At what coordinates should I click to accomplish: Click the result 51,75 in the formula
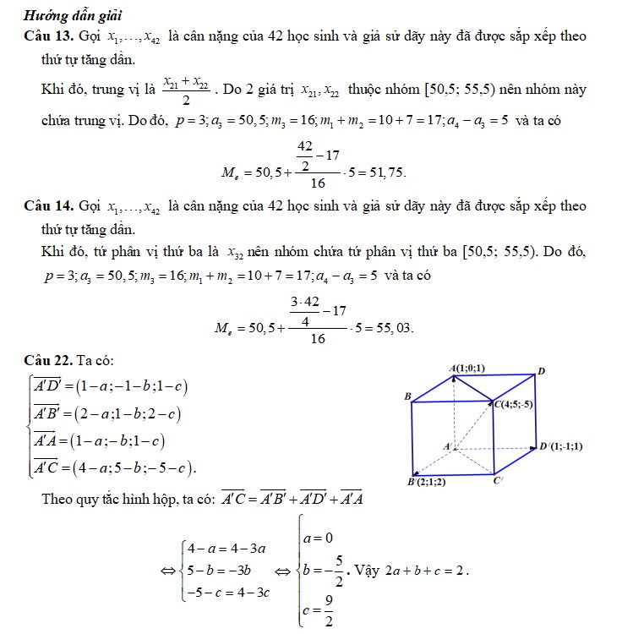click(385, 172)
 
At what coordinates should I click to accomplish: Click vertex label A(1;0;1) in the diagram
click(467, 368)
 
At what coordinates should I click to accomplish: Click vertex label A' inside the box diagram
click(448, 444)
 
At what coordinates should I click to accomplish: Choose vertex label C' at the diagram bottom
click(499, 482)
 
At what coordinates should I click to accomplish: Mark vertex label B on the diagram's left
click(408, 396)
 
